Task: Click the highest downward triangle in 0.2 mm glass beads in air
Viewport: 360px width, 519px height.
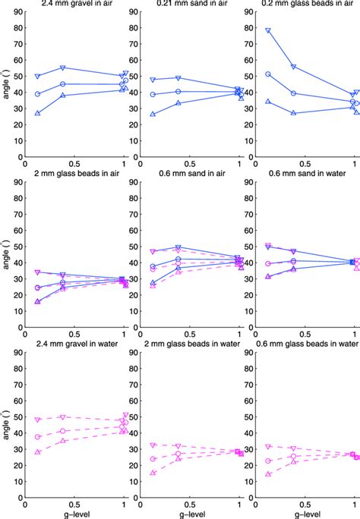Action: click(x=268, y=31)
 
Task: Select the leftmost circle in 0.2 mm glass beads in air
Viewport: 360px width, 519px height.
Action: click(x=268, y=74)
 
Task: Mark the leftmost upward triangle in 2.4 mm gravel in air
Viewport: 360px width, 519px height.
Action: click(x=38, y=113)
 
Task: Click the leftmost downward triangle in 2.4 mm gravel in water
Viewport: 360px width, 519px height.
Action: click(x=38, y=420)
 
